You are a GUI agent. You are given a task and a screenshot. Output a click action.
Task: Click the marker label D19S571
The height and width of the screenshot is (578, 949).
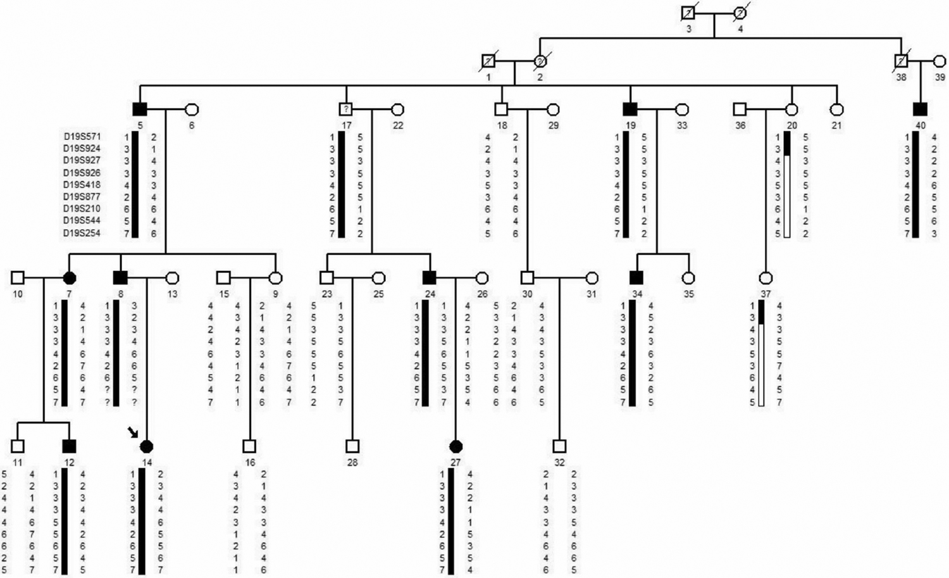click(82, 136)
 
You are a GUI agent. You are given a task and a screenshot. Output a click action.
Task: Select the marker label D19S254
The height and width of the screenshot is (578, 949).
click(82, 233)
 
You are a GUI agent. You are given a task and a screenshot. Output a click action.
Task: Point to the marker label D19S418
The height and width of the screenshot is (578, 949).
click(82, 185)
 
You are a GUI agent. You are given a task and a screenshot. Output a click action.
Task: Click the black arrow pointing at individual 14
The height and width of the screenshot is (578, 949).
click(133, 432)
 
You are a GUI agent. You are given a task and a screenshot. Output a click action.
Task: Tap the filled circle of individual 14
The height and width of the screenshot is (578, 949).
click(147, 446)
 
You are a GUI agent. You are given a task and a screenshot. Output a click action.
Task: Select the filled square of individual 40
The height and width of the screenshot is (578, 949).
click(921, 109)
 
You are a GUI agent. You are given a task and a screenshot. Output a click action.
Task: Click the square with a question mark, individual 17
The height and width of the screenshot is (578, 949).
click(345, 109)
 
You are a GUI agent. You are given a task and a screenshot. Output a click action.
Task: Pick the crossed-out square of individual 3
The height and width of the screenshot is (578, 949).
click(688, 13)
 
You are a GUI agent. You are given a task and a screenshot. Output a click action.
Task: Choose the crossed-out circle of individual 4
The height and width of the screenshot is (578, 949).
click(740, 13)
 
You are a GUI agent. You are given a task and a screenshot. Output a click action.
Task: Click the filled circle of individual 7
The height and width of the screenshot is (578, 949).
click(70, 277)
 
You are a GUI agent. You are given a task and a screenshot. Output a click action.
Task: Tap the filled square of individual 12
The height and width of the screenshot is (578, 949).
click(70, 446)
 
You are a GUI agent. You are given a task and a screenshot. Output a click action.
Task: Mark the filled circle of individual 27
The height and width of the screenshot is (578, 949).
click(456, 446)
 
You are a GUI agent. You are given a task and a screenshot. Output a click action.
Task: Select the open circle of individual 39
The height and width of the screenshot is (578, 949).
click(940, 61)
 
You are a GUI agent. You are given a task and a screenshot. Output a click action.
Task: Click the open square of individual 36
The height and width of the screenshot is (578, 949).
click(740, 109)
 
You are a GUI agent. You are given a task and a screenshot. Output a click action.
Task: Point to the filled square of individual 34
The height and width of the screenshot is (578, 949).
click(636, 277)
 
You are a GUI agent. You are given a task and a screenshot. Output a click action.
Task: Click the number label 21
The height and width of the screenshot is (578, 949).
click(836, 125)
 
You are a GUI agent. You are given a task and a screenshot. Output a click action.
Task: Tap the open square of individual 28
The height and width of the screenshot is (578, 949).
click(352, 446)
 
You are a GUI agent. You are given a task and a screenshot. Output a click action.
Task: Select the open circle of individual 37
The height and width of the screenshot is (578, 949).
click(766, 277)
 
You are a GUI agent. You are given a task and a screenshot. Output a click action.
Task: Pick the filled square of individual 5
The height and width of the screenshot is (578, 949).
click(140, 109)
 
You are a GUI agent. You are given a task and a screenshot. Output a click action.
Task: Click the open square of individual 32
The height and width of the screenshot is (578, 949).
click(559, 446)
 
